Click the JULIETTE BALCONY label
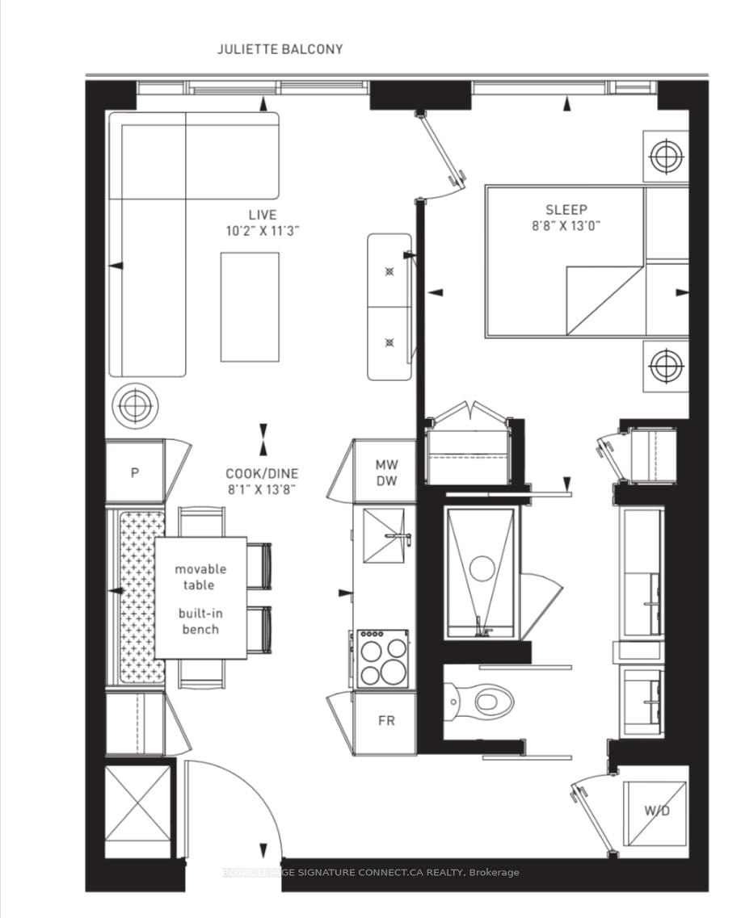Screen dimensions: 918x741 280,49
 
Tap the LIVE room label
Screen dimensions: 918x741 262,215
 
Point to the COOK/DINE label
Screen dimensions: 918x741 262,474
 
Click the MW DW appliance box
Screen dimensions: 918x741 385,472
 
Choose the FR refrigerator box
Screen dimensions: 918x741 385,720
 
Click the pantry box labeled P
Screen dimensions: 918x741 135,472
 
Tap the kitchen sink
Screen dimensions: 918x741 384,535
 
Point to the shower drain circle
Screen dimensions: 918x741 482,568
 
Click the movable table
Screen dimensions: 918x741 200,597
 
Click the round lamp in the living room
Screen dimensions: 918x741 134,406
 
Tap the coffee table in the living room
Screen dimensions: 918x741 250,307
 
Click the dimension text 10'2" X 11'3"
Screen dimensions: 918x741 262,230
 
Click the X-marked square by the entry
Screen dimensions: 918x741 138,804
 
